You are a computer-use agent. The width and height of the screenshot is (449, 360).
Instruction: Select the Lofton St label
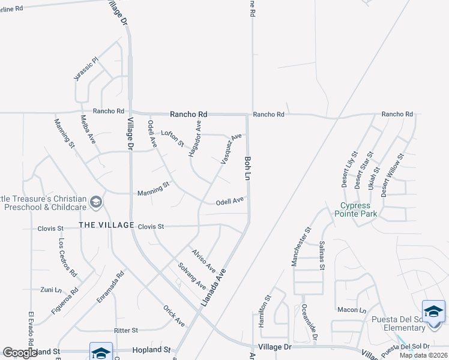click(x=172, y=137)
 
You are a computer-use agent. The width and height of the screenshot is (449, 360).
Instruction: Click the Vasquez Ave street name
click(x=231, y=148)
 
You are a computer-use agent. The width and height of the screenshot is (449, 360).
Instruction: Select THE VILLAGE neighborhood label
click(x=106, y=225)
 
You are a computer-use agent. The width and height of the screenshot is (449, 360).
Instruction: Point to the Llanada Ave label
click(x=214, y=289)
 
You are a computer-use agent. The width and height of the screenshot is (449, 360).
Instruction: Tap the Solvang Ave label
click(x=192, y=275)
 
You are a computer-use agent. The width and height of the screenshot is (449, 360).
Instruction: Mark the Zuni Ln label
click(x=50, y=289)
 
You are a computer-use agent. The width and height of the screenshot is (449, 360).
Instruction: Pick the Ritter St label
click(x=126, y=330)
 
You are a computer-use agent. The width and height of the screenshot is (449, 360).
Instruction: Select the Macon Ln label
click(x=352, y=310)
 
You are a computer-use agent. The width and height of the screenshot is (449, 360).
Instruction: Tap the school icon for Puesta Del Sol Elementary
click(x=433, y=312)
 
